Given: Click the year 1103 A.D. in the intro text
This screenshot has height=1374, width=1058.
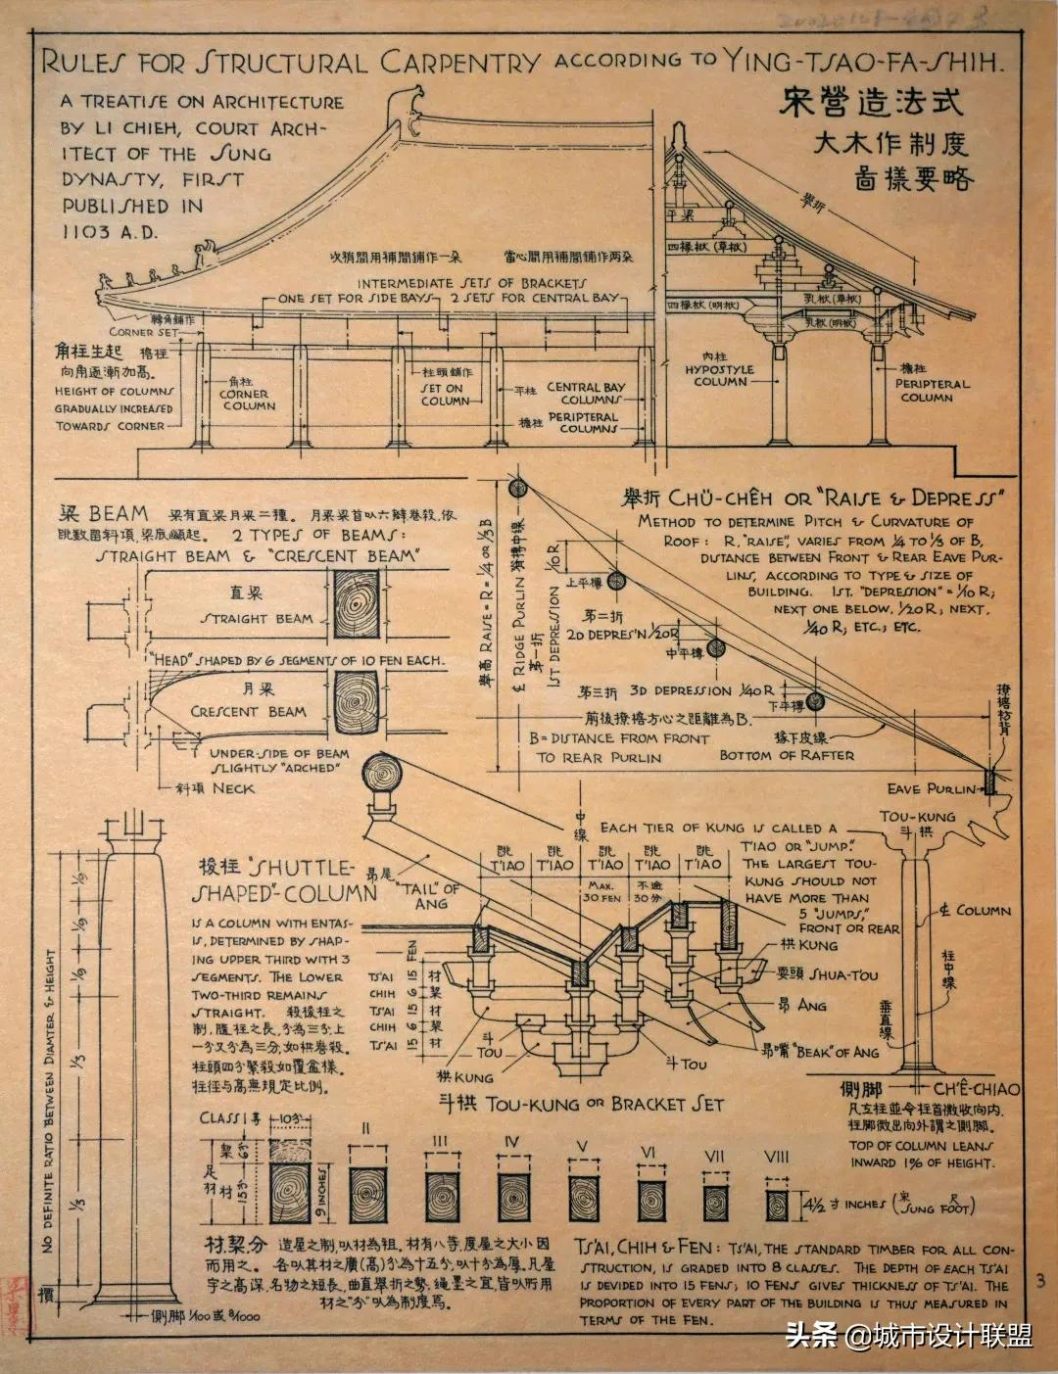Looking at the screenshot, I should pyautogui.click(x=111, y=232).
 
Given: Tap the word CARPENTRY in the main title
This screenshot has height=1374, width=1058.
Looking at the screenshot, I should pyautogui.click(x=459, y=64).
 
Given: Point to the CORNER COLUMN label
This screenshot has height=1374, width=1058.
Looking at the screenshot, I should pyautogui.click(x=248, y=400).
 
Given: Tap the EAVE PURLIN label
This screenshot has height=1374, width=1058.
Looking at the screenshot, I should pyautogui.click(x=932, y=789).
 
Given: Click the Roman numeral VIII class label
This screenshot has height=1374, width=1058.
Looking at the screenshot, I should pyautogui.click(x=776, y=1157).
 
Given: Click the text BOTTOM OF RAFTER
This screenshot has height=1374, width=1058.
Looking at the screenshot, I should pyautogui.click(x=787, y=755).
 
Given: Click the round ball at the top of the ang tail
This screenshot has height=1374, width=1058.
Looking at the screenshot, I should pyautogui.click(x=381, y=775).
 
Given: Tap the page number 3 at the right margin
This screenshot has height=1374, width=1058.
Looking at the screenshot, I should pyautogui.click(x=1039, y=1279).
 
